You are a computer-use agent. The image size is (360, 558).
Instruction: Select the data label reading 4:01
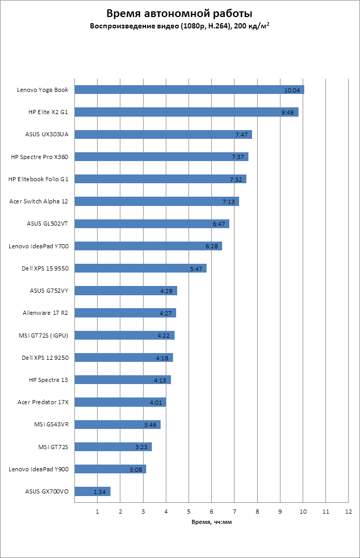(156, 403)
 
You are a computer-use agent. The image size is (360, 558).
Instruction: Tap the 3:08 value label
(136, 470)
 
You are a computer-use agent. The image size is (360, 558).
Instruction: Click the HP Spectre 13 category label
(52, 380)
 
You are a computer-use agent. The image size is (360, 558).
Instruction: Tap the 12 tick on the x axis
(348, 512)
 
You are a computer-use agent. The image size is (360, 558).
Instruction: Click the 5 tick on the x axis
(189, 512)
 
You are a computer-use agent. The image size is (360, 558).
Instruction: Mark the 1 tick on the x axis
(98, 512)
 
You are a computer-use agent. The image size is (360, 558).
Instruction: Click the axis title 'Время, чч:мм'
(212, 522)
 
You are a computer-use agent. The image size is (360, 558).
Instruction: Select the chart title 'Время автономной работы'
(180, 13)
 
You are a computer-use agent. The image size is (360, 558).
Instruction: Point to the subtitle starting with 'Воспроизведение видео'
(180, 25)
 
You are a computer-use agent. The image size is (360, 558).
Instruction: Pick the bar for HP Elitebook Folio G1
(161, 179)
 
